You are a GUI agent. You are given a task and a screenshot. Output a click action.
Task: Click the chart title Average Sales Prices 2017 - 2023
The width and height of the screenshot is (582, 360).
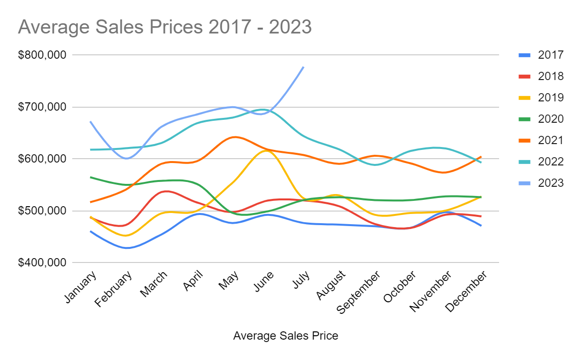coord(164,27)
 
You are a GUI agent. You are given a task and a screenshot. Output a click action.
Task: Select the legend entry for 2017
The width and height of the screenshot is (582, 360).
coord(550,55)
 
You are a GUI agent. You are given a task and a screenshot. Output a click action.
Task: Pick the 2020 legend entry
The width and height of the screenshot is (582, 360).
coord(550,119)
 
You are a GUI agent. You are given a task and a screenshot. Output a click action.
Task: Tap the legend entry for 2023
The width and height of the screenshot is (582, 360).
coord(550,183)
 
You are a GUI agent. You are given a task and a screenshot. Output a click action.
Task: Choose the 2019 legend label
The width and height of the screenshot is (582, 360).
coord(550,98)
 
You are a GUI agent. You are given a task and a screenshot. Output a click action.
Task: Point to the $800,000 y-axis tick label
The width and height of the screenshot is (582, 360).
coord(42,55)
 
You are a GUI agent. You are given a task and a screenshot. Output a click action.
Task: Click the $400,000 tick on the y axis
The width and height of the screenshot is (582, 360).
coord(42,263)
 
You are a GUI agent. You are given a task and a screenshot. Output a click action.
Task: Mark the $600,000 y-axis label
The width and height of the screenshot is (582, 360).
coord(42,159)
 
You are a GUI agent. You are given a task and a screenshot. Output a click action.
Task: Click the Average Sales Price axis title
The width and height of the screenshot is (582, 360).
coord(286,336)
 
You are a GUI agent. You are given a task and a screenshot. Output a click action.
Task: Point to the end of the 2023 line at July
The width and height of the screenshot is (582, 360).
coord(304,67)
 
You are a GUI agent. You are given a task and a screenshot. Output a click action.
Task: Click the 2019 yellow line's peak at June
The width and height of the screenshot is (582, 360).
coord(266,151)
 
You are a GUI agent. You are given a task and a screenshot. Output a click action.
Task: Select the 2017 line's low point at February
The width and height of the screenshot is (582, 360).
coord(128,248)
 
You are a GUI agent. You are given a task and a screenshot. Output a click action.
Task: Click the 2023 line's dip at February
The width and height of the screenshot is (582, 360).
coord(128,158)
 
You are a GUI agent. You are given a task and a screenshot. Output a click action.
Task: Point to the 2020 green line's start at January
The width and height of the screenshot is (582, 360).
coord(91,177)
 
